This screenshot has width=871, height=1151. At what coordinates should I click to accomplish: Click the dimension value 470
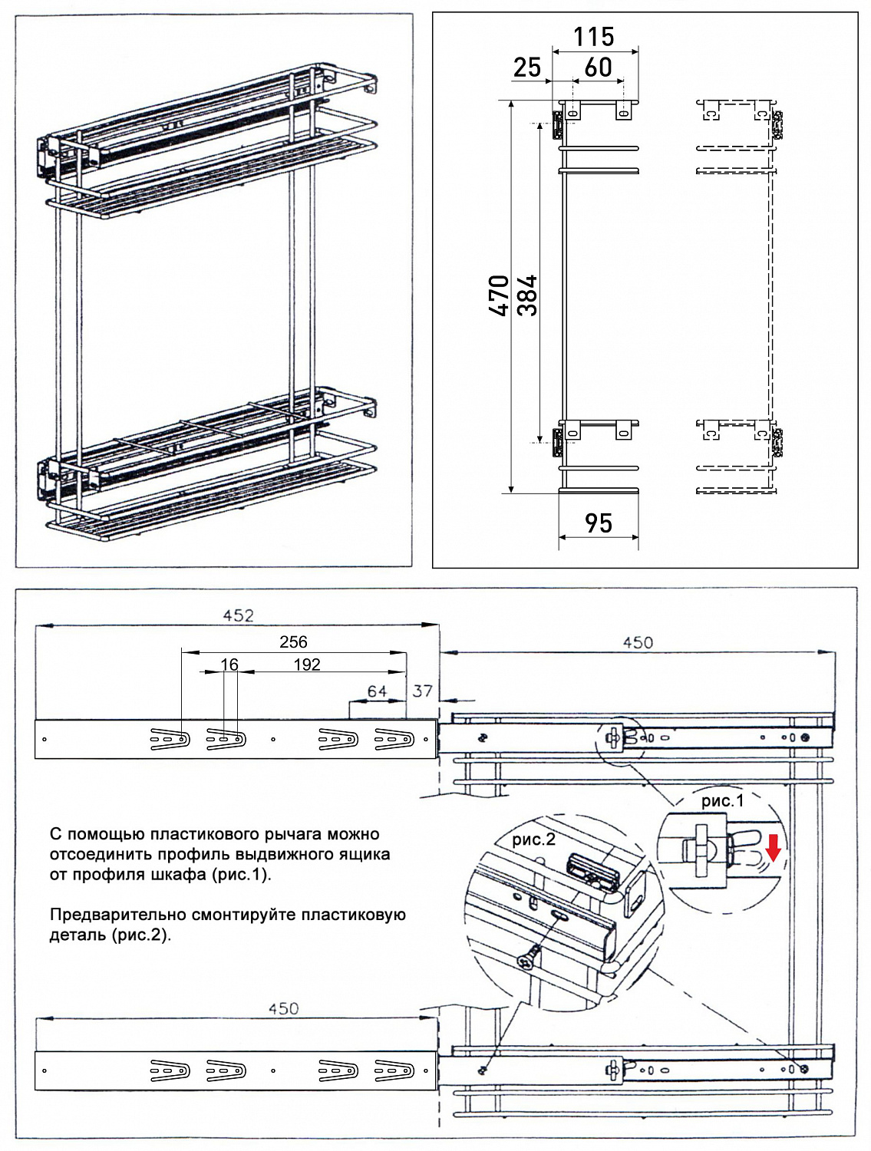point(499,295)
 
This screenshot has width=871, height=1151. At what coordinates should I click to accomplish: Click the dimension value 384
point(527,295)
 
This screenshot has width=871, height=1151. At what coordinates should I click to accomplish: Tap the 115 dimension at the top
point(594,36)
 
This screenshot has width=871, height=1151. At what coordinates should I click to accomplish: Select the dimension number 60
point(599,68)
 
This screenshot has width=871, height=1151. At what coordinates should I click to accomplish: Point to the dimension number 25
point(527,68)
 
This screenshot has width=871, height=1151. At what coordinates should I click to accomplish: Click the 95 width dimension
point(599,523)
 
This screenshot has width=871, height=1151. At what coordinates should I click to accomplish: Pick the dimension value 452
point(238,615)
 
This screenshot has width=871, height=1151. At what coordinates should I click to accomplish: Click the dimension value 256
point(293,641)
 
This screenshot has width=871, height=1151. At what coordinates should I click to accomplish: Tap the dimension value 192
point(307,665)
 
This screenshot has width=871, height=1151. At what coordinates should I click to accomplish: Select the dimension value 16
point(229,665)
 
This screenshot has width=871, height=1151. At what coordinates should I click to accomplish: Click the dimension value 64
point(377,691)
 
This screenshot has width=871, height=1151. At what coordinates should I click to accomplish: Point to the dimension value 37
point(423,691)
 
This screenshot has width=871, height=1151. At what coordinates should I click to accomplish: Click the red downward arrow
point(774,848)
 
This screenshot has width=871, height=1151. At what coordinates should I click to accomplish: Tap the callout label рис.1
point(722,801)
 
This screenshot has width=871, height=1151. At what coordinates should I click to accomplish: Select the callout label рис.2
point(533,839)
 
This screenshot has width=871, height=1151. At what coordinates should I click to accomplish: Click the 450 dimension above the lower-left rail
point(283,1008)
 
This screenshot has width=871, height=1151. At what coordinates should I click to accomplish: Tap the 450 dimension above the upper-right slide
point(638,642)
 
